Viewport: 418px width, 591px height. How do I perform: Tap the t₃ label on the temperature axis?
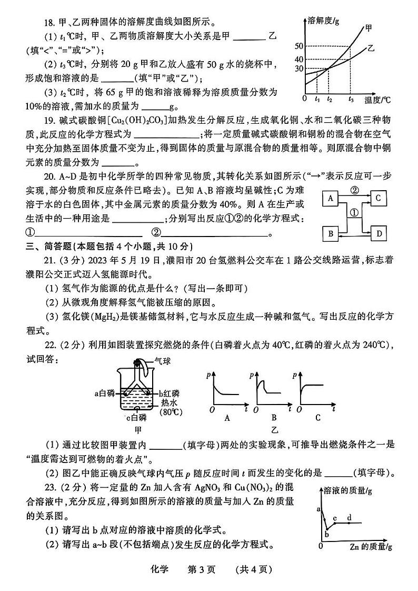point(351,98)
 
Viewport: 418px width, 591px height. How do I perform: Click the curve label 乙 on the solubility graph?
point(371,48)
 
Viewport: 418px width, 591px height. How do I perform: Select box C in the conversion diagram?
point(380,198)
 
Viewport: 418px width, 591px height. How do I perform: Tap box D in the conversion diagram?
point(380,233)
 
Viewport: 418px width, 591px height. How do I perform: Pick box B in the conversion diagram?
point(331,233)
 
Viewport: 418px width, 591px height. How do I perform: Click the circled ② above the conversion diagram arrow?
point(355,190)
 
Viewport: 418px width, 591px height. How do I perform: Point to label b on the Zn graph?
point(326,535)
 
